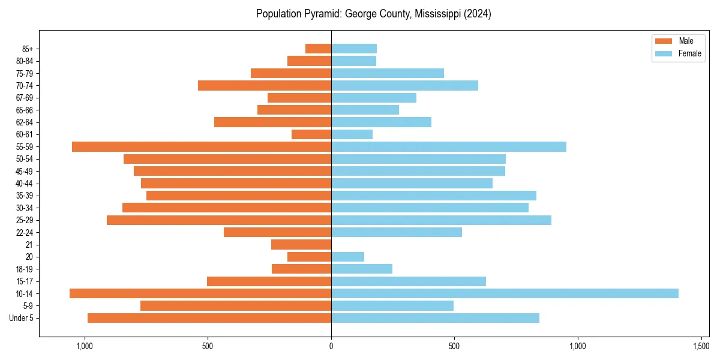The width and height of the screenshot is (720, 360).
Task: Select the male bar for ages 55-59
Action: click(x=202, y=146)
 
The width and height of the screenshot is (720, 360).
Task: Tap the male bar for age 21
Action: click(x=301, y=245)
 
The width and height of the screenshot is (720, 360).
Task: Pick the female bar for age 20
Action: click(x=347, y=257)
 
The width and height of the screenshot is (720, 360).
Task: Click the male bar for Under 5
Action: click(x=209, y=318)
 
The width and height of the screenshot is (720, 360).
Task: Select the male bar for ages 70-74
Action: click(x=265, y=85)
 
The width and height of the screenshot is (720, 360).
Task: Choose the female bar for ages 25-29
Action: click(x=441, y=220)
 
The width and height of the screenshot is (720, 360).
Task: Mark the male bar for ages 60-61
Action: click(x=311, y=134)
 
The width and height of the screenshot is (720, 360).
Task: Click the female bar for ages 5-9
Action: click(x=392, y=306)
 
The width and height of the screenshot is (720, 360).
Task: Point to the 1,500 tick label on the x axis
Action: click(x=701, y=346)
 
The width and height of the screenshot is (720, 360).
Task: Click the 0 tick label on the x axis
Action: click(x=331, y=346)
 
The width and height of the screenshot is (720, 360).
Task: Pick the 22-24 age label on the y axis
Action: click(x=25, y=233)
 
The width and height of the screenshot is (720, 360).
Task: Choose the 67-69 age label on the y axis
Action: click(x=25, y=98)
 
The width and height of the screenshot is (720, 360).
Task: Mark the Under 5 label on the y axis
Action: click(x=22, y=318)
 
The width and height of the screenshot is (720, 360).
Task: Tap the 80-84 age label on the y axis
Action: click(x=25, y=61)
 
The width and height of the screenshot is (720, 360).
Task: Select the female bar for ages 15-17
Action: click(x=409, y=281)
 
